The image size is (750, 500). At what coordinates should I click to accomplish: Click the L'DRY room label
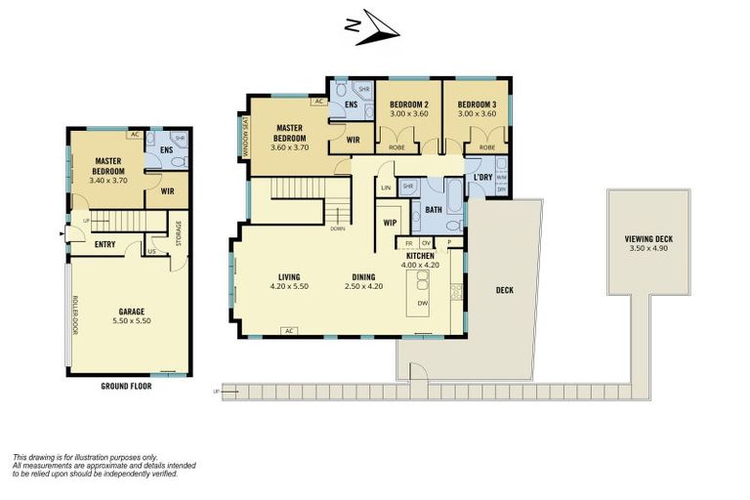tap(482, 176)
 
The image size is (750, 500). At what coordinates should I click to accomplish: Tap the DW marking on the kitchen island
tap(422, 304)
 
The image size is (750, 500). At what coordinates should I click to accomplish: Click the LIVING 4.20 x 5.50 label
tap(288, 281)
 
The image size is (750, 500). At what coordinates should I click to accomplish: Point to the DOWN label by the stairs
tap(337, 229)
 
